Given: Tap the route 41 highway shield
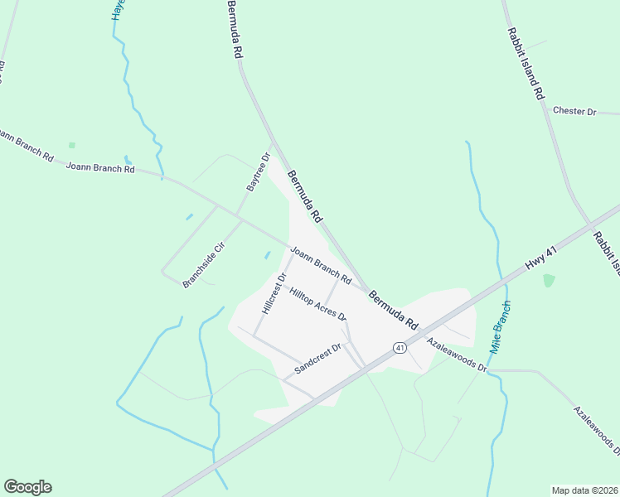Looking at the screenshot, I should click(x=400, y=348).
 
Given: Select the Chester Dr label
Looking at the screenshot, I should click(x=574, y=110).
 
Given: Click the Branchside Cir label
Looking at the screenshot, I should click(x=204, y=264).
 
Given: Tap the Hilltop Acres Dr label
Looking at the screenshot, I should click(x=317, y=304).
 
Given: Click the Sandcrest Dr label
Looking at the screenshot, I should click(x=318, y=359).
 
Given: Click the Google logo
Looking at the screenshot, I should click(x=27, y=487).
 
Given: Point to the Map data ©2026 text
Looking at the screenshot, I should click(x=584, y=490).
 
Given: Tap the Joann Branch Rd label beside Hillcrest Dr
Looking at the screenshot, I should click(x=321, y=262).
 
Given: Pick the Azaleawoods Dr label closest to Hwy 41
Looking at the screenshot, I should click(x=457, y=354).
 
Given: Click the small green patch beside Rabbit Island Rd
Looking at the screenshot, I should click(x=549, y=280).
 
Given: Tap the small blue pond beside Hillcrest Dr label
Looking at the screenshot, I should click(x=267, y=254).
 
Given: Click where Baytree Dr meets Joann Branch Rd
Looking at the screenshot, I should click(x=239, y=217).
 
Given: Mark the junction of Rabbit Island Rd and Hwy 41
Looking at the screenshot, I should click(x=589, y=224).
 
